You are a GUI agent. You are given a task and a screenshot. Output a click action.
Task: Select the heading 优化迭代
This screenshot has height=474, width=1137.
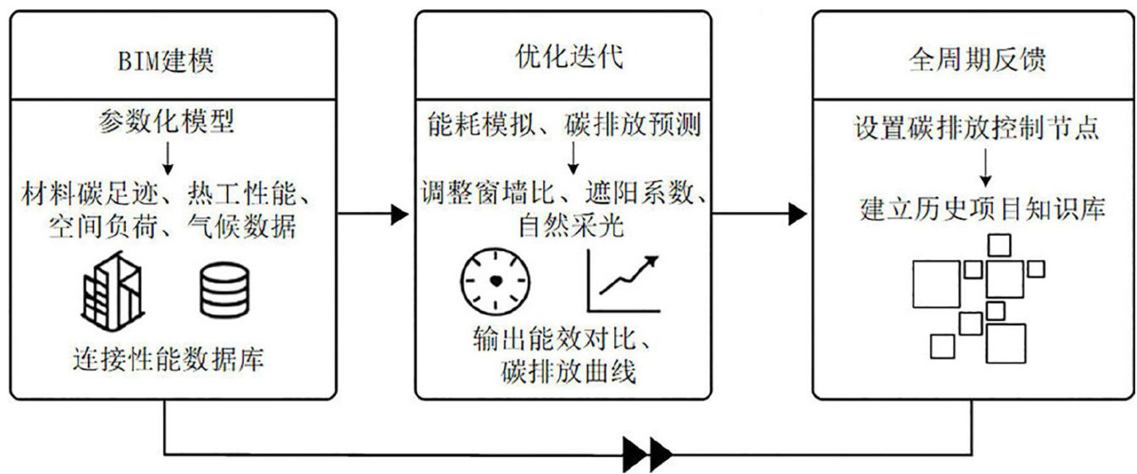(x=563, y=60)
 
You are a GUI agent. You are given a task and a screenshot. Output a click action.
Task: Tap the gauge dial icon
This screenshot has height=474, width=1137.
(x=495, y=283)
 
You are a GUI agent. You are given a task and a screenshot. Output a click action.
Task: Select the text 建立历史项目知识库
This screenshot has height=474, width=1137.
(x=982, y=209)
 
